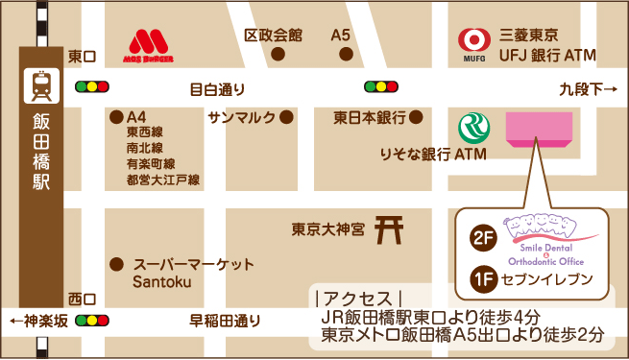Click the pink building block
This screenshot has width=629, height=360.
point(540,129)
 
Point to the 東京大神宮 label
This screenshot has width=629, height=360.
point(328,230)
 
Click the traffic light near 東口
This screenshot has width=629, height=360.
point(92,86)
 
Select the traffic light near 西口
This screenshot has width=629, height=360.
point(92,320)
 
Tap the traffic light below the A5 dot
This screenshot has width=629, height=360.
point(381,86)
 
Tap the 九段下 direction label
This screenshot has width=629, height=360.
point(587,90)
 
